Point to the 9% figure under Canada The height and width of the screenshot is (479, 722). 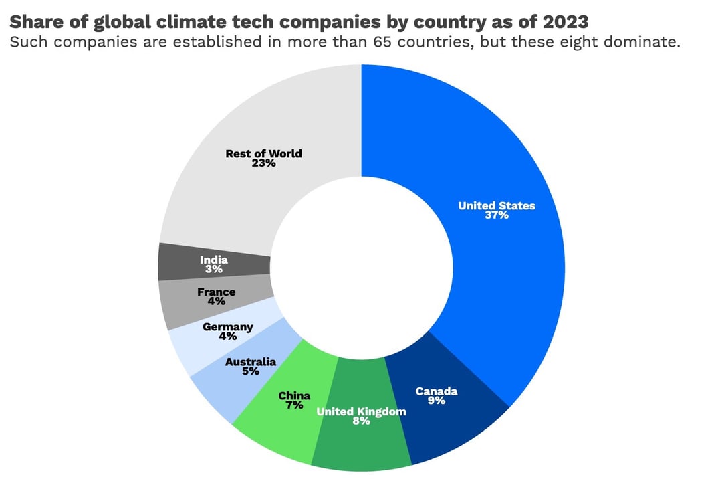click(437, 401)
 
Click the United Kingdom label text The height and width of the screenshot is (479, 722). click(361, 411)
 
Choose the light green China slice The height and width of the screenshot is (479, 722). click(277, 428)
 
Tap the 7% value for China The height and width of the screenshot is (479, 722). click(294, 405)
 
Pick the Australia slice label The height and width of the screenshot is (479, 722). click(251, 362)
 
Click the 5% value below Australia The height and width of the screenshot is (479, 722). click(251, 371)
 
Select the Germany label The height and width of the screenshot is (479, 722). click(228, 327)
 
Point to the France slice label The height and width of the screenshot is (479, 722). click(216, 292)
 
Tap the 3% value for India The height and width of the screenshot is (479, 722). click(214, 269)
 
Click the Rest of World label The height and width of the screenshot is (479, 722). click(263, 153)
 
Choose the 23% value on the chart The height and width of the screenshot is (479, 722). click(263, 163)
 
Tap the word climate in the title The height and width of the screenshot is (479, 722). click(199, 21)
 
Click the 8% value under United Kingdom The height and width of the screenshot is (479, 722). click(361, 421)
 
